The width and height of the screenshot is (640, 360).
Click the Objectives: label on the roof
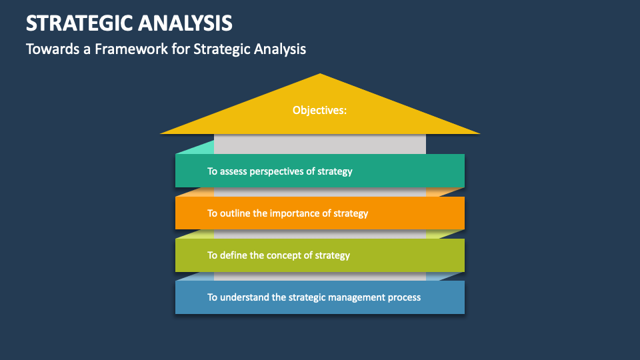[x=319, y=110]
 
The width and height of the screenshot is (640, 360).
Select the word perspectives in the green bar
[x=277, y=171]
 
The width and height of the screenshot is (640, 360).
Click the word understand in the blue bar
[x=245, y=297]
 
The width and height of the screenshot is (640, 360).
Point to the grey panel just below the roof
[x=320, y=143]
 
